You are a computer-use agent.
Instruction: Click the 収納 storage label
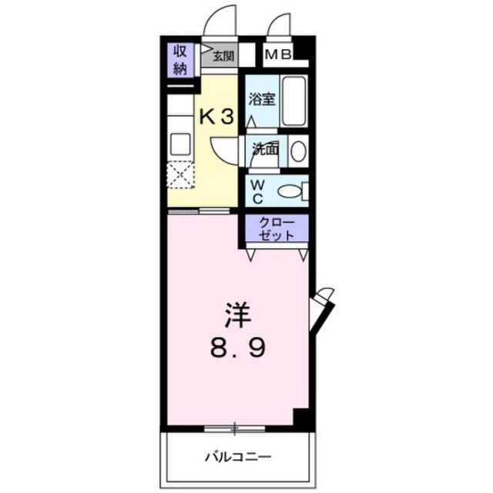tap(180, 60)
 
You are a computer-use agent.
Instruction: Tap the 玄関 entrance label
tap(224, 56)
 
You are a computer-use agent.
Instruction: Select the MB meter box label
tap(278, 55)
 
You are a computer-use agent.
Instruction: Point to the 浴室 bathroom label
tap(262, 99)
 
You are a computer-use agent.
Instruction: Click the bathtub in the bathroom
tap(293, 101)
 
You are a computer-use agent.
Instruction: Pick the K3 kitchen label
tap(217, 117)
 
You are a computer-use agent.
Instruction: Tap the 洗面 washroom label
tap(266, 149)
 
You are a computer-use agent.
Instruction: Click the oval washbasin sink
tap(298, 151)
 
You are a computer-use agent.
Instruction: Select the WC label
tap(257, 191)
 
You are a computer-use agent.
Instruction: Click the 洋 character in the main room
tap(237, 314)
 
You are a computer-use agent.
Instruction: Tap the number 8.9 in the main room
tap(238, 347)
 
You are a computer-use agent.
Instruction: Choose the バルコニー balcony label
tap(238, 457)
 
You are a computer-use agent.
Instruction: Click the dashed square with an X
tap(180, 175)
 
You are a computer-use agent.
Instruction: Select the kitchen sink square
tap(180, 144)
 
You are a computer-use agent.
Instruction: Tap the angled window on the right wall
tap(321, 310)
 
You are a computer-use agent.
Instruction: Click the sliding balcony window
tap(234, 428)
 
